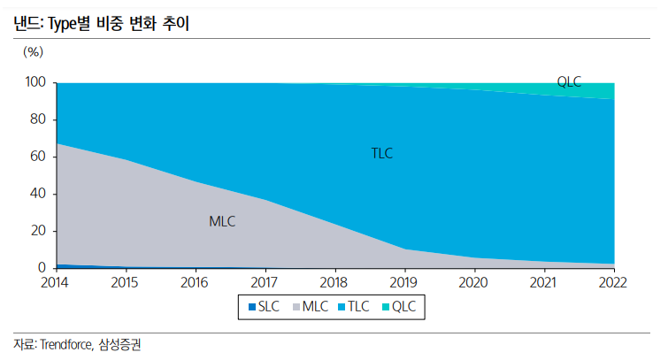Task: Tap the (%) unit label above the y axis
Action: (x=33, y=51)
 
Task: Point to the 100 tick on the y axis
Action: (x=35, y=82)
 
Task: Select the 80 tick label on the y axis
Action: (x=37, y=119)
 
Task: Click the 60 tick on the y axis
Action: (x=37, y=157)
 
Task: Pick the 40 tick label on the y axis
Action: (x=37, y=194)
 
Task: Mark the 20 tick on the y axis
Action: (x=37, y=231)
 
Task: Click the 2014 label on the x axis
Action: (x=55, y=283)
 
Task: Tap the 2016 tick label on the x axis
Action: (x=195, y=283)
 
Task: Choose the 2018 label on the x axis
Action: (x=334, y=283)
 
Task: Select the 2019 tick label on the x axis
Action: (x=404, y=283)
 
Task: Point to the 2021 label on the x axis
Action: (x=544, y=283)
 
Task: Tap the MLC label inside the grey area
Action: (x=222, y=221)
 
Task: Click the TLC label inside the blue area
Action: (x=381, y=153)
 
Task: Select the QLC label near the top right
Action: (x=569, y=82)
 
